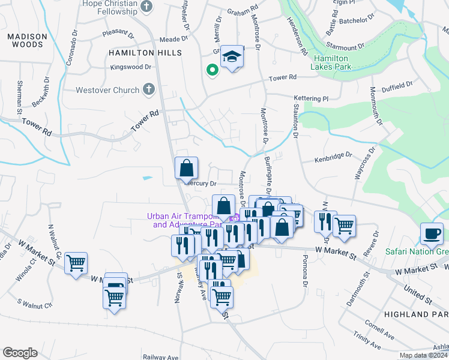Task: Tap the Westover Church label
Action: pyautogui.click(x=108, y=91)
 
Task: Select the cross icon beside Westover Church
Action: pyautogui.click(x=149, y=90)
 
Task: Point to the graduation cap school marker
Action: pyautogui.click(x=232, y=58)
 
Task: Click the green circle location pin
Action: pyautogui.click(x=212, y=71)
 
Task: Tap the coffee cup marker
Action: pyautogui.click(x=432, y=234)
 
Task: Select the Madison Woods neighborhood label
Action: pyautogui.click(x=26, y=41)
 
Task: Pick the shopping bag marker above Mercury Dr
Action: pyautogui.click(x=187, y=168)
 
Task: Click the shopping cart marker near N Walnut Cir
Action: pyautogui.click(x=76, y=263)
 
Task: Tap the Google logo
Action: pyautogui.click(x=20, y=353)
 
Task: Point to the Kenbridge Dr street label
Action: pyautogui.click(x=334, y=157)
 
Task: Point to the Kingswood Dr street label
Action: pyautogui.click(x=131, y=67)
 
